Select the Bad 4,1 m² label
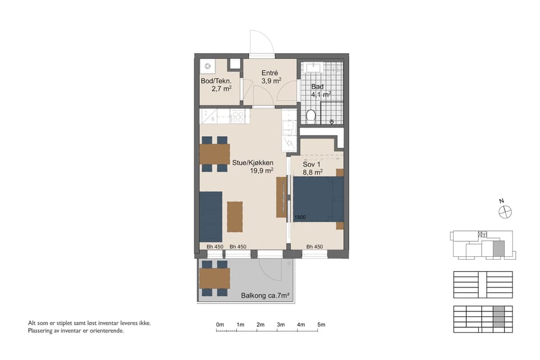320,90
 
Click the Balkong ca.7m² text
265,295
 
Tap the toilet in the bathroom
310,115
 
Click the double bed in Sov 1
318,199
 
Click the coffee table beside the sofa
235,216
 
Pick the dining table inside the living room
214,154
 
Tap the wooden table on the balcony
214,278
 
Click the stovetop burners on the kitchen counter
238,116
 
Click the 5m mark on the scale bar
322,325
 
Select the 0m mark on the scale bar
220,325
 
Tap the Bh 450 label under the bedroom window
314,247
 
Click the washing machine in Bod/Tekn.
208,65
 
